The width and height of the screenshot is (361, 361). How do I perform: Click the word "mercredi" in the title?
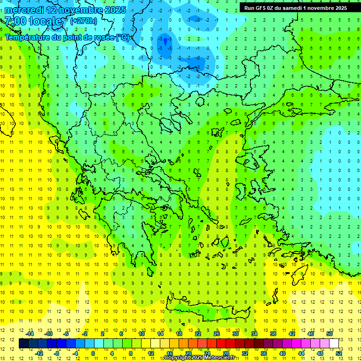tap(25, 10)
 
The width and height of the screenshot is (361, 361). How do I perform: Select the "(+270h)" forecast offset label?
tap(84, 21)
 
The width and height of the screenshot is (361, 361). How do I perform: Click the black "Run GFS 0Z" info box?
tap(294, 8)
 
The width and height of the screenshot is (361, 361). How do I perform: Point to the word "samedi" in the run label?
tap(294, 8)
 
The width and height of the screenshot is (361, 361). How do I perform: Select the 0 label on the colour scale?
tap(93, 353)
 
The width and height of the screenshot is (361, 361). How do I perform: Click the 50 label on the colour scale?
tap(329, 334)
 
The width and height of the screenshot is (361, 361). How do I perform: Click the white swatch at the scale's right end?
tap(334, 344)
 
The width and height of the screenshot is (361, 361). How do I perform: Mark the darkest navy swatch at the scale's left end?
tap(24, 344)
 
